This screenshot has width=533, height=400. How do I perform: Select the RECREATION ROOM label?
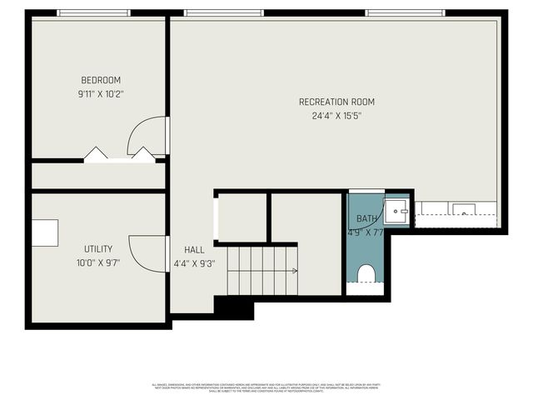[x=336, y=102]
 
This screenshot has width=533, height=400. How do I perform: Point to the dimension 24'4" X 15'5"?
[x=336, y=116]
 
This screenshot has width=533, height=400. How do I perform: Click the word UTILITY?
[x=97, y=249]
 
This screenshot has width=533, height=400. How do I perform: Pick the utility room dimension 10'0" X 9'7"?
[x=97, y=263]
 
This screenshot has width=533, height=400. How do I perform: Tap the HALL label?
[x=194, y=249]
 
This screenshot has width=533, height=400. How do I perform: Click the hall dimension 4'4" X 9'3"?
[x=194, y=263]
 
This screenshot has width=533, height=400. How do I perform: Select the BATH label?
[x=366, y=219]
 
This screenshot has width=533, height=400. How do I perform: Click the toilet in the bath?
[x=366, y=273]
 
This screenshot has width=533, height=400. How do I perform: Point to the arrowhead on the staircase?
[x=295, y=271]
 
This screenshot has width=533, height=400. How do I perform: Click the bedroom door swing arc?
[x=148, y=132]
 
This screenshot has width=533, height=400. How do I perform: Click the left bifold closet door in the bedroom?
[x=97, y=154]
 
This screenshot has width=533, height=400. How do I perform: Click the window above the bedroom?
[x=93, y=13]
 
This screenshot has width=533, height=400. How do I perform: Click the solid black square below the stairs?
[x=233, y=307]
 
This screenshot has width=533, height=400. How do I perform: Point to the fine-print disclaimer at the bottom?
[x=266, y=387]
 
